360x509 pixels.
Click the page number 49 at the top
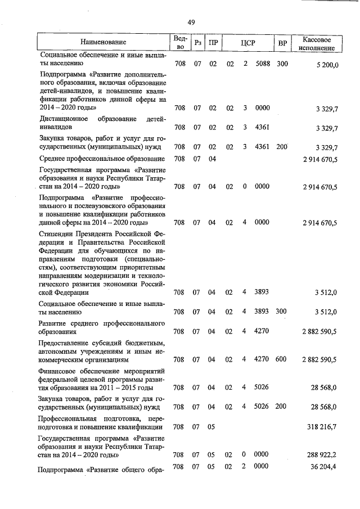[191, 22]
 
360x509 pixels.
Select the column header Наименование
[103, 42]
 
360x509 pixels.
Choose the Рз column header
[197, 43]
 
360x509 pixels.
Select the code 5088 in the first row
[263, 64]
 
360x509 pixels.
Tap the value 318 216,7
[319, 427]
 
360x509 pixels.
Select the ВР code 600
[282, 359]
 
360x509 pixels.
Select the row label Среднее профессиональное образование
[102, 159]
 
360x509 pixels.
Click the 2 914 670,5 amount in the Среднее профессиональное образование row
[319, 160]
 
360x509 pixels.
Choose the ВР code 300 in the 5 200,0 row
[282, 64]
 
